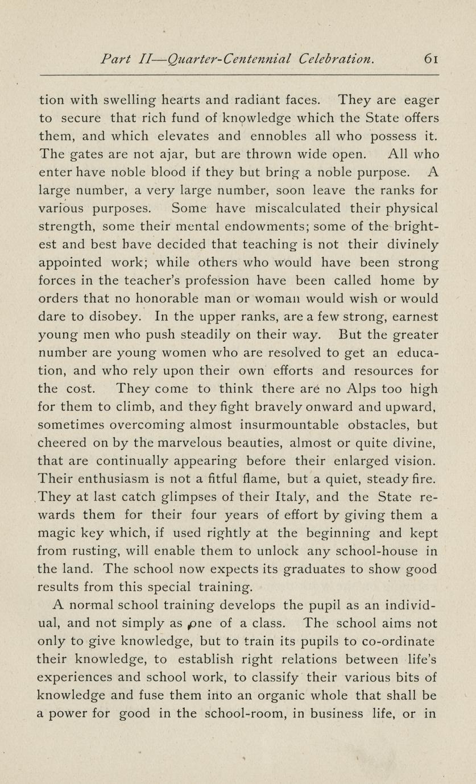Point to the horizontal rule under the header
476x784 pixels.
[239, 75]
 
